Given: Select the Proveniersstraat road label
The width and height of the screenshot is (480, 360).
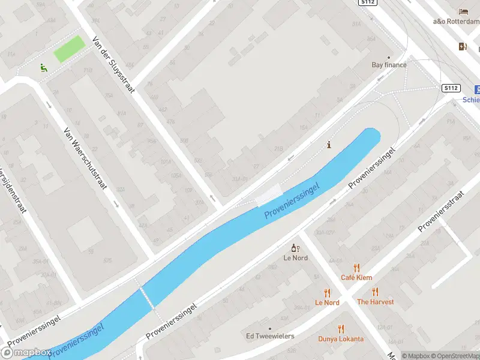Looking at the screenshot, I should pos(442,211).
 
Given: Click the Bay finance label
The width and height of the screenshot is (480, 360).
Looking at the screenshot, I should pos(389,65).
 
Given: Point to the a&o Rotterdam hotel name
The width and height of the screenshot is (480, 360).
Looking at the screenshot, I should pos(456,21).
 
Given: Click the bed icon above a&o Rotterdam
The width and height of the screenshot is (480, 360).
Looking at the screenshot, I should pos(463,11).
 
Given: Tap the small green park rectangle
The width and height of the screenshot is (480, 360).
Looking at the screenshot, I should pos(69,49).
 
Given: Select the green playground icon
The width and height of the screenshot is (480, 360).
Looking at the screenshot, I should pos(43,68).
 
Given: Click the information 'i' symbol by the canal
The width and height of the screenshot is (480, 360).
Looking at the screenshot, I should pos(328,145).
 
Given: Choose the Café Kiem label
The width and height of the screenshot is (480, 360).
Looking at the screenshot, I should pos(356,277).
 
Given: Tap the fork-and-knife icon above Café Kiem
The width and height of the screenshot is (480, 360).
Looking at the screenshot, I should pos(356,268).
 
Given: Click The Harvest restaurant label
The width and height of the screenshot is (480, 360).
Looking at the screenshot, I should pos(375,302).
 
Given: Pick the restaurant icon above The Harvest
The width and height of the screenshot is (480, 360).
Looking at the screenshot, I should pos(375,292).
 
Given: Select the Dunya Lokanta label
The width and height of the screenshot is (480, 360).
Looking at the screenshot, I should pos(341,339).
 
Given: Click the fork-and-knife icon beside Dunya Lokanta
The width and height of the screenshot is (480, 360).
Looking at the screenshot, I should pos(341,329).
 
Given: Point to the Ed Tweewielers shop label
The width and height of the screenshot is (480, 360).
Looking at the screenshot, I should pos(270,336).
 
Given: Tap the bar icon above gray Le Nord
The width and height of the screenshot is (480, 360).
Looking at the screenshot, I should pos(295,248).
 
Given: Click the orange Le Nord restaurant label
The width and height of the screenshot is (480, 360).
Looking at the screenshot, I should pos(327,302).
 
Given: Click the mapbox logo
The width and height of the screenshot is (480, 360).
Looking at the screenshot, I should pos(26,352).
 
